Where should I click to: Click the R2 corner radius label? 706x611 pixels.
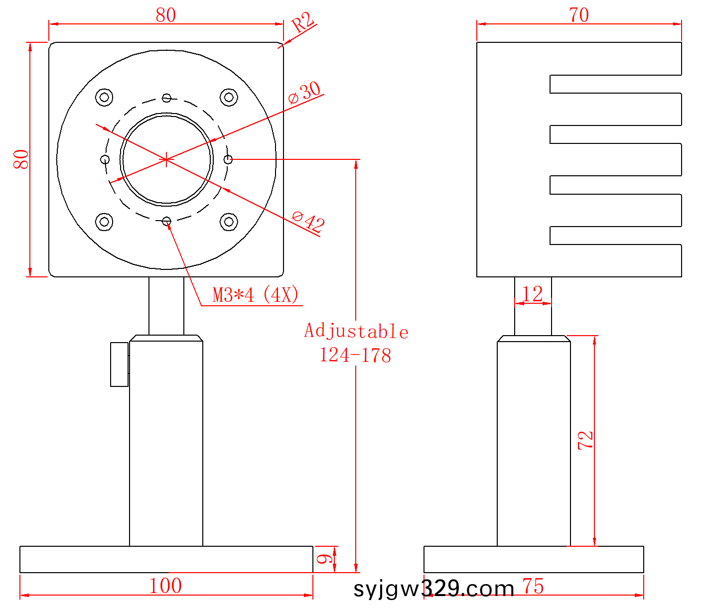(x=302, y=22)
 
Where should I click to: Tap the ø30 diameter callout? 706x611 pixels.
(x=304, y=93)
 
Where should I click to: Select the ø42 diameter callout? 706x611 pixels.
(x=308, y=221)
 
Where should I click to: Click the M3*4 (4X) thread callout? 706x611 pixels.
(x=256, y=295)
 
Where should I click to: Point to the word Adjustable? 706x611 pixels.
(x=356, y=331)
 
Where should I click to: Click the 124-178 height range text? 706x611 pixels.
(x=355, y=356)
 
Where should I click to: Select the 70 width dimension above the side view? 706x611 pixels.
(x=579, y=15)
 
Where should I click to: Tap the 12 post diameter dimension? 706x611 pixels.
(x=533, y=294)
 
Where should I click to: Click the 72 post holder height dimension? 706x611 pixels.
(x=585, y=440)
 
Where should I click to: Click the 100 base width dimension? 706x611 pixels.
(x=165, y=586)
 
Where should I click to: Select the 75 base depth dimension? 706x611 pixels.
(x=533, y=587)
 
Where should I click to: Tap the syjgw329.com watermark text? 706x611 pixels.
(x=434, y=589)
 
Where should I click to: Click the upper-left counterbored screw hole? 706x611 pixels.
(x=104, y=97)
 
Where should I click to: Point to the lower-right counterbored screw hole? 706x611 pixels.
(x=229, y=222)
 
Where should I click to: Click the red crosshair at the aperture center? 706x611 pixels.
(x=166, y=159)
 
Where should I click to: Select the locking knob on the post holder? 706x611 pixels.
(x=119, y=365)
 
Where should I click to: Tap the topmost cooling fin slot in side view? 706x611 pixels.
(x=615, y=84)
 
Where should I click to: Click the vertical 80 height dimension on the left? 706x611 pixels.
(x=21, y=159)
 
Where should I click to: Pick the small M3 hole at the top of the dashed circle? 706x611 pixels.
(x=166, y=98)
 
